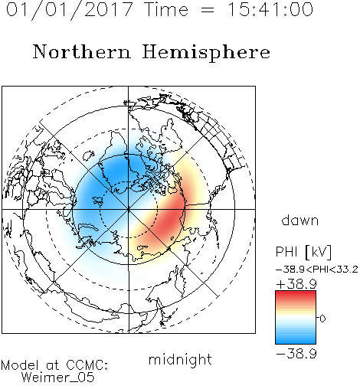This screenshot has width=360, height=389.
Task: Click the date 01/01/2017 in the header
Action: (70, 10)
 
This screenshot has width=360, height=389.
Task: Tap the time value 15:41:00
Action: (270, 9)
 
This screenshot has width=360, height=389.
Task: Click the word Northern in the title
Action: (82, 51)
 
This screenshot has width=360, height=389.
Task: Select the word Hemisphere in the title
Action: (206, 53)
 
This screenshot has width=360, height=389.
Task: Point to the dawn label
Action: (300, 220)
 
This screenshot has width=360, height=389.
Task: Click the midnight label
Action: (180, 360)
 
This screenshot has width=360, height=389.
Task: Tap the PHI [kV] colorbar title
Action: (303, 252)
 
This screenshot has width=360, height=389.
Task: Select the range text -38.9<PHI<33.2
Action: (317, 270)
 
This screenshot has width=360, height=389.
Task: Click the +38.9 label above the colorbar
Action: (296, 284)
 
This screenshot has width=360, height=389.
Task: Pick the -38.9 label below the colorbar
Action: (296, 354)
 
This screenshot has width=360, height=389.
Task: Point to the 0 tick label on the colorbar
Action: (322, 319)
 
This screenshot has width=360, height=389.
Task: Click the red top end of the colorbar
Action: (296, 293)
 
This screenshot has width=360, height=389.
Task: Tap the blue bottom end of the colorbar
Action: (296, 342)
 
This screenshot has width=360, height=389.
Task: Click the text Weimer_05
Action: (58, 378)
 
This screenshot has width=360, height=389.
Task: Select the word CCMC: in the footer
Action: (87, 365)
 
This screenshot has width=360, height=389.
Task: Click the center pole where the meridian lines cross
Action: (129, 209)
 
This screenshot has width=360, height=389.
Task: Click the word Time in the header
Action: (166, 9)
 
